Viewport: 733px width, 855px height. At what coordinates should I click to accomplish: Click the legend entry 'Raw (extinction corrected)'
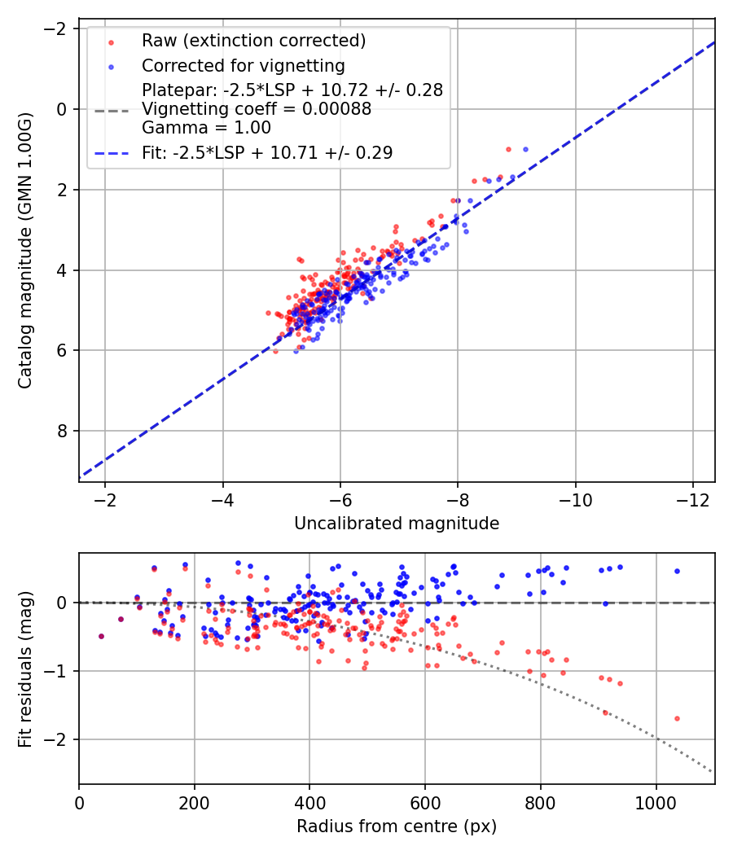(253, 41)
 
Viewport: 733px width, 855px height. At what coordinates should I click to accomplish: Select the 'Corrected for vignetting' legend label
(243, 66)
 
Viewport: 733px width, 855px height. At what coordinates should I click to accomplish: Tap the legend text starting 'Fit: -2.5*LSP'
(267, 152)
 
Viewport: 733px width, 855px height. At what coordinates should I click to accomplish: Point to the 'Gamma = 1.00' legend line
(206, 128)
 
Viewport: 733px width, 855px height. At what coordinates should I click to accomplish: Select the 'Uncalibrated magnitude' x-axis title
(397, 524)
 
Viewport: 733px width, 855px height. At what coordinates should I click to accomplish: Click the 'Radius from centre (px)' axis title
(397, 826)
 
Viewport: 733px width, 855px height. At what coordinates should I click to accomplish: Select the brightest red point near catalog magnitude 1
(508, 149)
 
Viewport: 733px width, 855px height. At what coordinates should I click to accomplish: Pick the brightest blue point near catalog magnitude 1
(525, 149)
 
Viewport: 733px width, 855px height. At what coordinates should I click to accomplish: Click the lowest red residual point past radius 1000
(677, 718)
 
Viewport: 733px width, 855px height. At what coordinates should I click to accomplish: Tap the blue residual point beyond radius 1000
(677, 571)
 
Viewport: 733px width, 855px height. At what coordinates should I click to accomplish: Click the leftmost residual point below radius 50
(101, 636)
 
